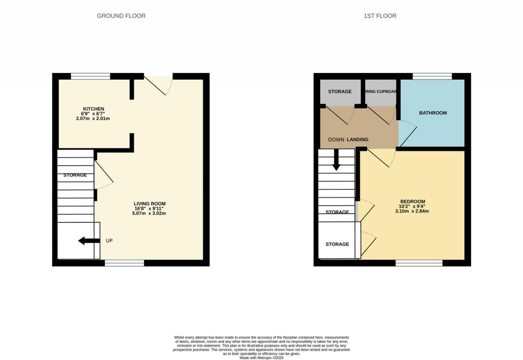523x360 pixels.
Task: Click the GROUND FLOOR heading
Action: pyautogui.click(x=121, y=16)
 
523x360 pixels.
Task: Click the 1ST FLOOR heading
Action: pyautogui.click(x=380, y=16)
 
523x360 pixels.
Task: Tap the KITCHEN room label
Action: pyautogui.click(x=94, y=109)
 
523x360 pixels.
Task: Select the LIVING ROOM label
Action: pyautogui.click(x=149, y=203)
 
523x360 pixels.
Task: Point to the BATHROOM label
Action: pyautogui.click(x=433, y=113)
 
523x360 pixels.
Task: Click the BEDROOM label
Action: pyautogui.click(x=412, y=201)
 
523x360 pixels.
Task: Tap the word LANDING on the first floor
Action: pyautogui.click(x=358, y=139)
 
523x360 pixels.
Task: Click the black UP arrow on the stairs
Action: pyautogui.click(x=88, y=241)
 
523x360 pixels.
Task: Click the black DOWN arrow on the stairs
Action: pyautogui.click(x=336, y=160)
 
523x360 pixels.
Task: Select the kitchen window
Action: pyautogui.click(x=90, y=77)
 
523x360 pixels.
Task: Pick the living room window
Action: pyautogui.click(x=124, y=263)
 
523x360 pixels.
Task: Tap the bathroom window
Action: pyautogui.click(x=432, y=77)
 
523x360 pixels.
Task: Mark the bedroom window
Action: pyautogui.click(x=419, y=263)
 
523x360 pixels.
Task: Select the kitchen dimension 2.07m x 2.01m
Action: pyautogui.click(x=93, y=118)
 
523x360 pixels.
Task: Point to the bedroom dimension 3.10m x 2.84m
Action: pyautogui.click(x=412, y=211)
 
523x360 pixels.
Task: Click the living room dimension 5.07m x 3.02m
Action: pyautogui.click(x=149, y=213)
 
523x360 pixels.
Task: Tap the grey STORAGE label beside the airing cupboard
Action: pyautogui.click(x=340, y=91)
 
